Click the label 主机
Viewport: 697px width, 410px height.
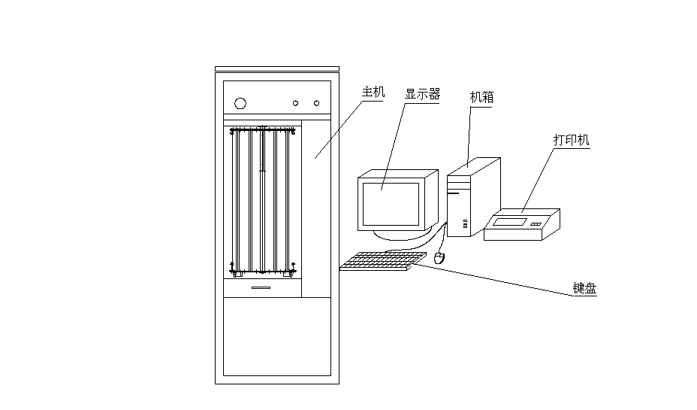(373, 93)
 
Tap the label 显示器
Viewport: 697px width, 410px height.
(422, 95)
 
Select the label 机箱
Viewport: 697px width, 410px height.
(481, 97)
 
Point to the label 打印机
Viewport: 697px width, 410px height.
(571, 140)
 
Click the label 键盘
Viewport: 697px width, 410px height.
(584, 288)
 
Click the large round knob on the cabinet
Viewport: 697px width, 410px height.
(240, 103)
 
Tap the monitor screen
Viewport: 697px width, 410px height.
(391, 204)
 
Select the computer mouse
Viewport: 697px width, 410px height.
(440, 258)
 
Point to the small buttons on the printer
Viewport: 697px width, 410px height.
(536, 223)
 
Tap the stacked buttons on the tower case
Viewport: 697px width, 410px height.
(466, 223)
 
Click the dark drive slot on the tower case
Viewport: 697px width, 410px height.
(453, 194)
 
